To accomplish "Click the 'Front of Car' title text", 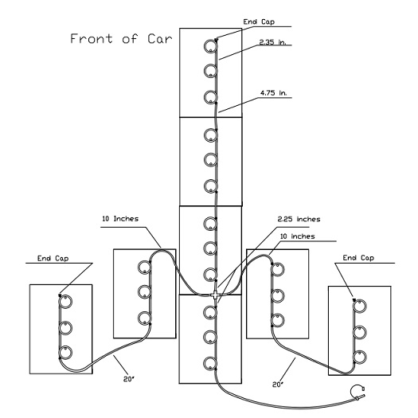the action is pyautogui.click(x=121, y=39).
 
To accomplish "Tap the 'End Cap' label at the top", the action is pyautogui.click(x=259, y=21).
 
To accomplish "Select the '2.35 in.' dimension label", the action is pyautogui.click(x=272, y=42).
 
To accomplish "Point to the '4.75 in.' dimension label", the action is pyautogui.click(x=274, y=93).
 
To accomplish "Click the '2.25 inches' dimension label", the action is pyautogui.click(x=299, y=219).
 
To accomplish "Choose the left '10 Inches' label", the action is pyautogui.click(x=120, y=219).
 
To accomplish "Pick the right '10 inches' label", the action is pyautogui.click(x=298, y=236).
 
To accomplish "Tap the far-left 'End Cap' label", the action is pyautogui.click(x=53, y=258).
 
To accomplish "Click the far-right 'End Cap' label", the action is pyautogui.click(x=358, y=258).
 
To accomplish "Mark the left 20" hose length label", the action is pyautogui.click(x=129, y=379).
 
